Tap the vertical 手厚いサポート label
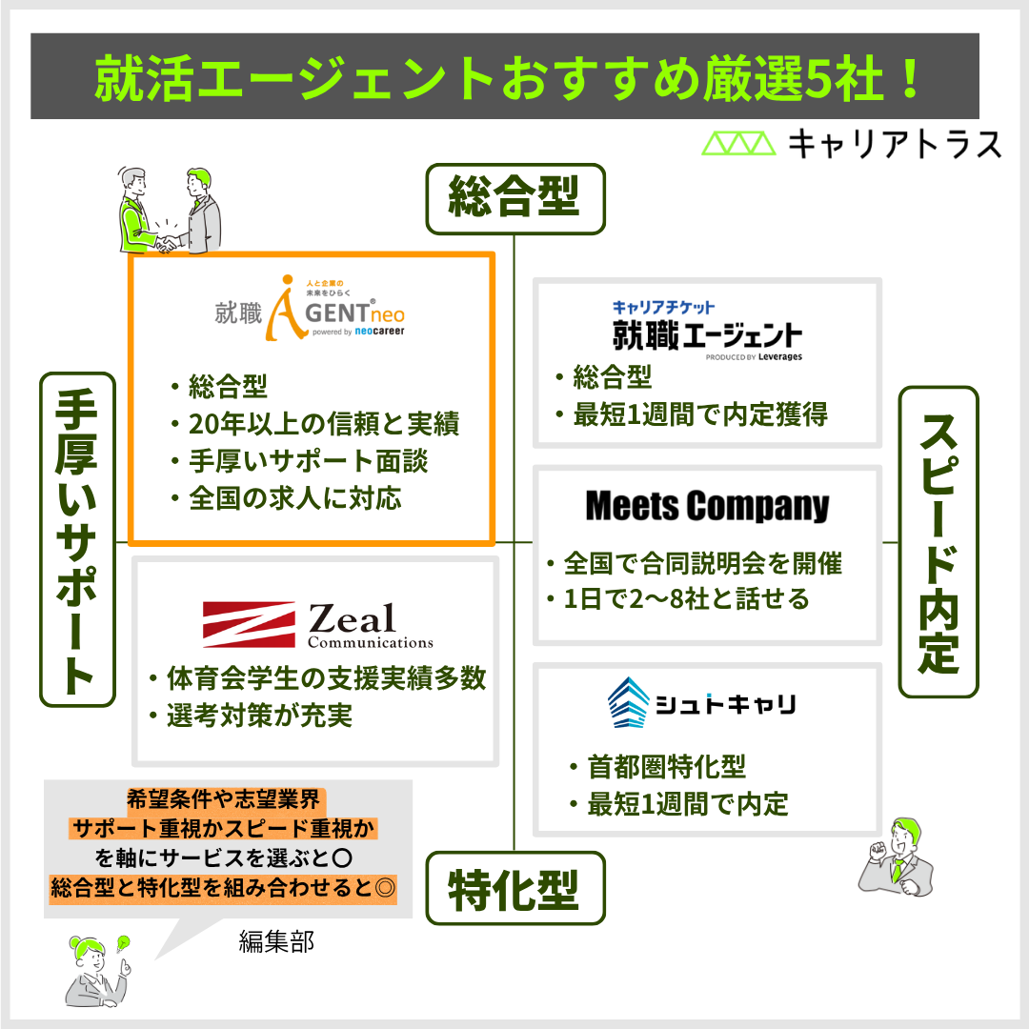click(x=77, y=539)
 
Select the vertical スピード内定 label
click(x=938, y=542)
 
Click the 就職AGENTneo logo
click(x=310, y=308)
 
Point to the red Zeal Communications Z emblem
click(x=249, y=624)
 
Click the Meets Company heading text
click(x=707, y=506)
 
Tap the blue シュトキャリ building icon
click(x=628, y=702)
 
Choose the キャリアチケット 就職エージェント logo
click(x=707, y=330)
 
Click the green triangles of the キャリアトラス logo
click(x=739, y=143)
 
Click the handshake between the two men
click(x=168, y=243)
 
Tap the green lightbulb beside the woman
click(x=123, y=943)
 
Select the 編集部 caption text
click(x=276, y=941)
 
